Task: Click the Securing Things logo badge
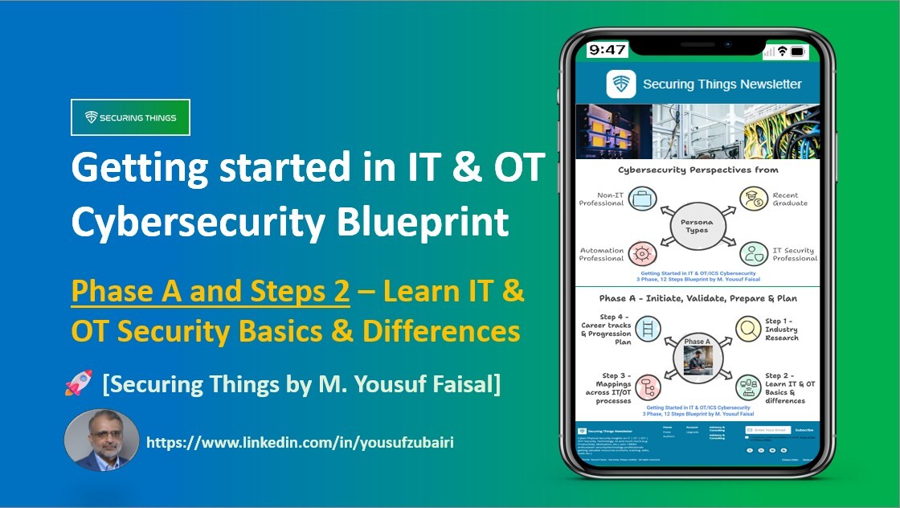coord(130,117)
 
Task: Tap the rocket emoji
coord(80,384)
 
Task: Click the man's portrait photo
coord(101,440)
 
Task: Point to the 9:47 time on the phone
coord(607,50)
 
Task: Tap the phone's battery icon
coord(797,51)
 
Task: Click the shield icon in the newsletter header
coord(621,84)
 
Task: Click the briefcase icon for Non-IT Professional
coord(642,199)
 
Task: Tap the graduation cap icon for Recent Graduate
coord(754,199)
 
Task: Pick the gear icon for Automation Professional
coord(642,254)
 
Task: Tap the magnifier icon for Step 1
coord(750,328)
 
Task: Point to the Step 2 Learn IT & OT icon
coord(750,387)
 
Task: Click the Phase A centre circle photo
coord(697,358)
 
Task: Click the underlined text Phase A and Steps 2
coord(211,293)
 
